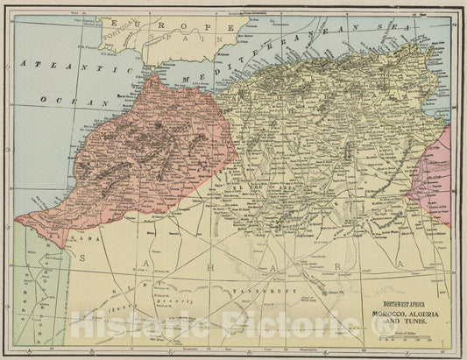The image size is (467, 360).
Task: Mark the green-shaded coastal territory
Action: pos(31,280)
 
